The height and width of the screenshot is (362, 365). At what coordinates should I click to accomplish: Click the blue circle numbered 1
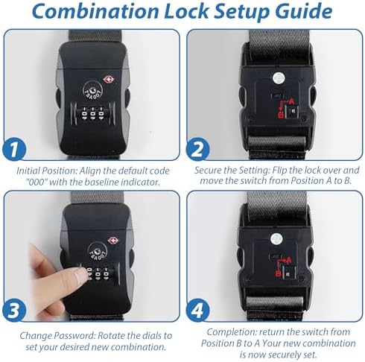pos(14,150)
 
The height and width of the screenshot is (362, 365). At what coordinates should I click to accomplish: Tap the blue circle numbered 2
pos(197,150)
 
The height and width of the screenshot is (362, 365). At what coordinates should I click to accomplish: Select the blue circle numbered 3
pos(14,311)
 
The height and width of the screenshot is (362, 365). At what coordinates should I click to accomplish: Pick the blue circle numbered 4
pos(197,311)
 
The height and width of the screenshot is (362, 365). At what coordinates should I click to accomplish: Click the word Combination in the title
pos(95,11)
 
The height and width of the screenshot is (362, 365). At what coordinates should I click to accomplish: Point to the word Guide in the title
pos(303,11)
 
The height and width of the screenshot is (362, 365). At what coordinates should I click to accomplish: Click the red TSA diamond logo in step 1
pos(109,80)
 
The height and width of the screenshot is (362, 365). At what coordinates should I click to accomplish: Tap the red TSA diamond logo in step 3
pos(113,241)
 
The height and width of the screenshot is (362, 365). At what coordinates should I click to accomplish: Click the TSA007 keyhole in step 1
pos(92,90)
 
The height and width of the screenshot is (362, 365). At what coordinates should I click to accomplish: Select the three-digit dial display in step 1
pos(92,114)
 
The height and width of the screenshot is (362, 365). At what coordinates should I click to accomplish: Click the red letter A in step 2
pos(291,101)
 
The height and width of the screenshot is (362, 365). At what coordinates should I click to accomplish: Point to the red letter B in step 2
pos(281,115)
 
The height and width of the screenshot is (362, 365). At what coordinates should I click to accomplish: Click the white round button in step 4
pos(276,239)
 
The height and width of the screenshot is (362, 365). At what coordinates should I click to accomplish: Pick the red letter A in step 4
pos(288,260)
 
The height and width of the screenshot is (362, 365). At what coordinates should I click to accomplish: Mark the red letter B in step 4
pos(278,274)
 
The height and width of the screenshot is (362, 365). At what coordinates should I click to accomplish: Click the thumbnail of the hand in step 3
pos(57,281)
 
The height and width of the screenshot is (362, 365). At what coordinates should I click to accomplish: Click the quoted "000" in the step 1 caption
pos(37,182)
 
